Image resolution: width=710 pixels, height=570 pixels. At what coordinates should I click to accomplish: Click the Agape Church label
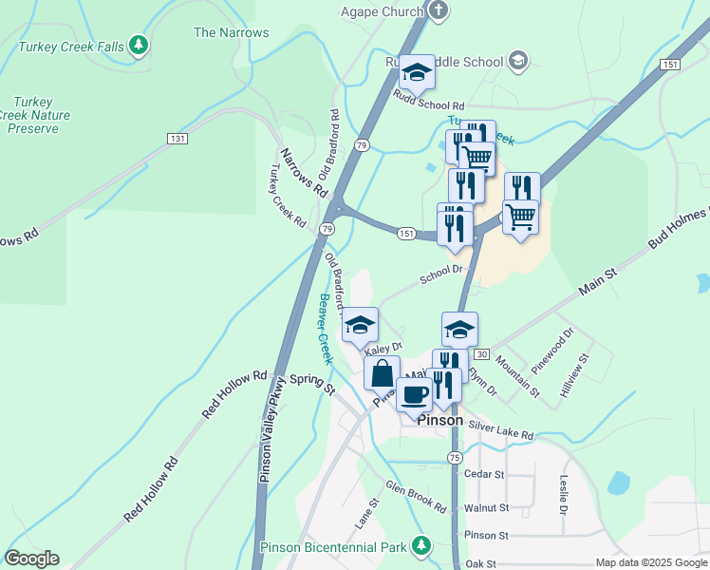(382, 11)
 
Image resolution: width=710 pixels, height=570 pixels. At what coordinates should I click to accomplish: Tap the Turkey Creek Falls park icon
(140, 44)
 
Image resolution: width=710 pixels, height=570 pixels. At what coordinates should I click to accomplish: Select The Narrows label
(231, 32)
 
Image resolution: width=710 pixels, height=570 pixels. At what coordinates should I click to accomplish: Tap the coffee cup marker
(414, 393)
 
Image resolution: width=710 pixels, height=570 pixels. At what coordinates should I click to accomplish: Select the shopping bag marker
(382, 372)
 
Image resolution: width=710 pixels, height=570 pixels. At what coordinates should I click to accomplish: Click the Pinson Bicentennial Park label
(334, 547)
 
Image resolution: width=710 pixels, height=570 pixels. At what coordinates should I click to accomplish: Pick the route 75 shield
(455, 458)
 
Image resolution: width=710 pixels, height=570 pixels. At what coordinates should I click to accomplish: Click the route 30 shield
(481, 354)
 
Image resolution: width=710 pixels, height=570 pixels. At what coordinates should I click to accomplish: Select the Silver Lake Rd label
(500, 432)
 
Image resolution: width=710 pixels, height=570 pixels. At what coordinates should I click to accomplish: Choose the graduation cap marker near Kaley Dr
(361, 324)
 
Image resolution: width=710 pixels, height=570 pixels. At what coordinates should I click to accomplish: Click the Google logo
(31, 559)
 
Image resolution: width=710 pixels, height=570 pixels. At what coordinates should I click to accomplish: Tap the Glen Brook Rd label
(415, 496)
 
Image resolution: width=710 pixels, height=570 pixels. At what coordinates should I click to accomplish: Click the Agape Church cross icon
(438, 11)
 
